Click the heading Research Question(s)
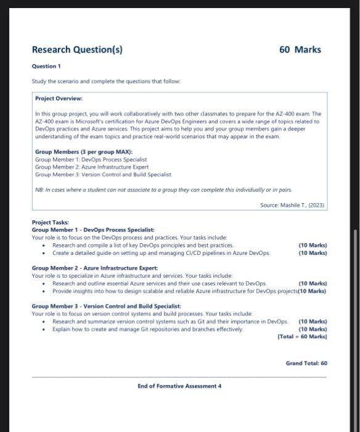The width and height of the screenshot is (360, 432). click(x=76, y=49)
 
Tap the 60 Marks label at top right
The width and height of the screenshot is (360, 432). click(x=300, y=49)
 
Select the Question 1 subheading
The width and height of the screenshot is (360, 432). click(x=46, y=67)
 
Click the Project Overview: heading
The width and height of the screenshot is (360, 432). click(x=59, y=98)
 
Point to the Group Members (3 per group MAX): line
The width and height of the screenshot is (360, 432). click(x=84, y=152)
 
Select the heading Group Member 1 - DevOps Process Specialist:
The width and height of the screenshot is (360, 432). click(x=88, y=230)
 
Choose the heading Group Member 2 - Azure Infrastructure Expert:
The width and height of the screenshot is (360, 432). click(x=94, y=268)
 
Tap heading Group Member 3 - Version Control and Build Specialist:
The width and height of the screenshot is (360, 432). click(x=106, y=306)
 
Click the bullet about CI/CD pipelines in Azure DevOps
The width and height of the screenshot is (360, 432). click(x=161, y=253)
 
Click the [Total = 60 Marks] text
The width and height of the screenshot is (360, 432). click(x=302, y=337)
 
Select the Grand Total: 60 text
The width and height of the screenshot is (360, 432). click(x=306, y=363)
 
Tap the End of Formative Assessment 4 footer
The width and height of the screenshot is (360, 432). click(x=179, y=386)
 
